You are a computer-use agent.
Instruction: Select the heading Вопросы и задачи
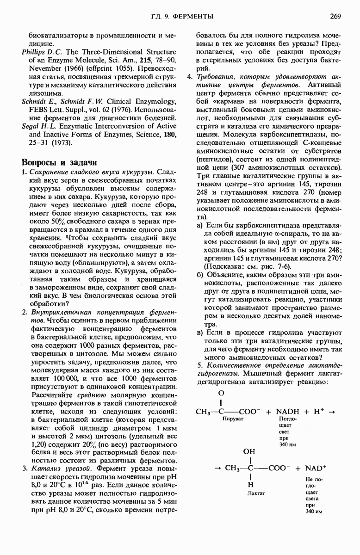60,162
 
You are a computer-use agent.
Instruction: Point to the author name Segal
31,126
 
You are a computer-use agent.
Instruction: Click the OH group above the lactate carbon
248,450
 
